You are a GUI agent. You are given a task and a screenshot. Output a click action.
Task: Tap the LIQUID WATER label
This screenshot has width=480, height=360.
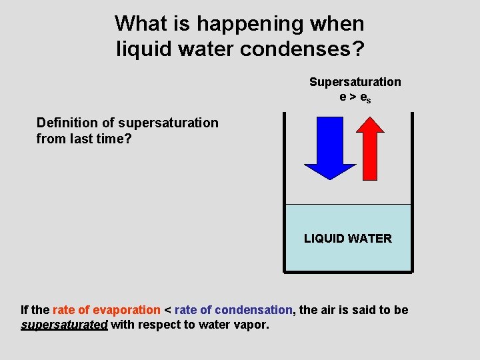[x=347, y=239]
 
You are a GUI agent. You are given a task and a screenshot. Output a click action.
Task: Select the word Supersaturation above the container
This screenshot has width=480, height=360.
[x=355, y=82]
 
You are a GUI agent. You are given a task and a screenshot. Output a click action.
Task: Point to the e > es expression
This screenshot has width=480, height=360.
[x=355, y=97]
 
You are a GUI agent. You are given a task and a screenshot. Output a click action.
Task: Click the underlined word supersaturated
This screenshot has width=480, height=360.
[x=64, y=325]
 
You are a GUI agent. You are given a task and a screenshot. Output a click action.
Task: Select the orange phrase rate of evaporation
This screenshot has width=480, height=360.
[x=107, y=310]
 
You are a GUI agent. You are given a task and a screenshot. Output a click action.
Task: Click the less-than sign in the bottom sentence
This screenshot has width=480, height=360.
[x=167, y=311]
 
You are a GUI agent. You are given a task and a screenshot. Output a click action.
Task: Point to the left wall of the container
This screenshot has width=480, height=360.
[x=284, y=193]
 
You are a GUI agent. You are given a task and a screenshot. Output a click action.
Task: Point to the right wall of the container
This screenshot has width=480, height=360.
[x=412, y=193]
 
